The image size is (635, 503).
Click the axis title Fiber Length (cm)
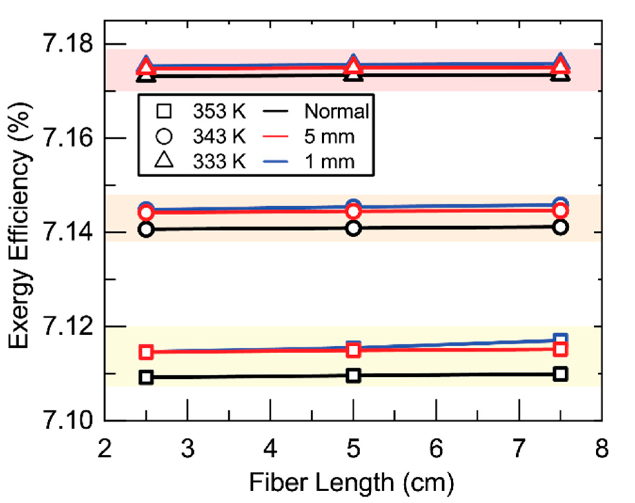(x=351, y=482)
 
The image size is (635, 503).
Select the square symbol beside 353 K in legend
(x=164, y=111)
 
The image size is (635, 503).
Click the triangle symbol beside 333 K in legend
(x=164, y=161)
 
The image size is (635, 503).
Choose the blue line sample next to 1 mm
(x=275, y=161)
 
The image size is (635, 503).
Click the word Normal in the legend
(x=336, y=111)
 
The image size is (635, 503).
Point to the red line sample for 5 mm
(x=275, y=136)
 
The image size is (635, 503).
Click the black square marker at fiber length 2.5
(x=146, y=377)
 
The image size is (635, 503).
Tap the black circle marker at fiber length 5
(x=353, y=228)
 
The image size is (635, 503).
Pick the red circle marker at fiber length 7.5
(x=560, y=211)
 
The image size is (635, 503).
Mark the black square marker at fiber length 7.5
(x=560, y=374)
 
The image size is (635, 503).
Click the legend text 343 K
(x=219, y=136)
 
